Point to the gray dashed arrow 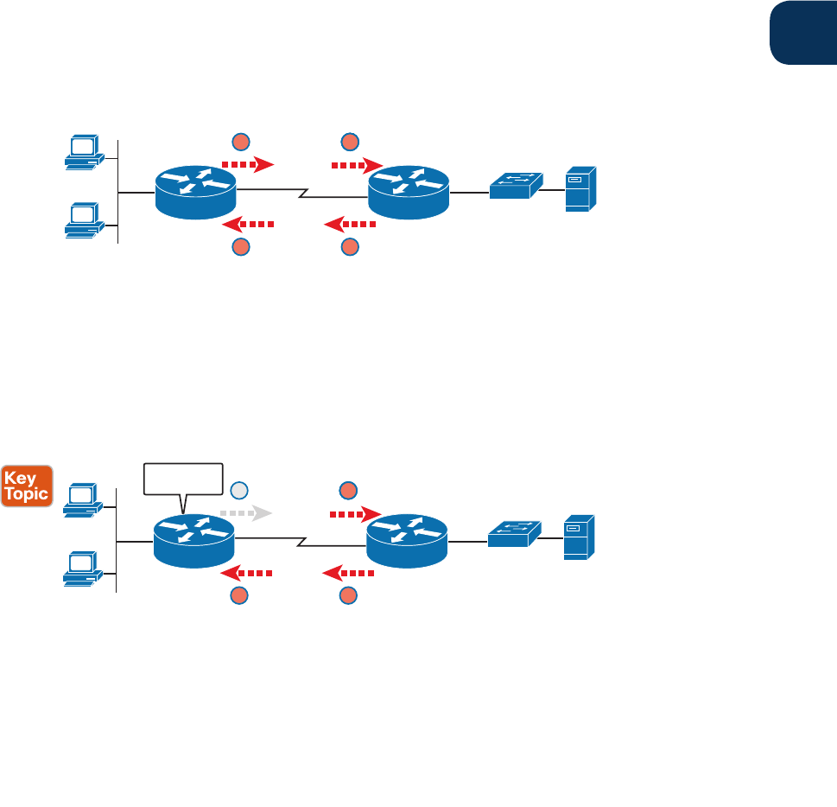click(246, 512)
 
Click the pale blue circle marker click(240, 491)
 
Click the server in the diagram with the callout click(576, 537)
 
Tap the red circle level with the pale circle click(348, 491)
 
